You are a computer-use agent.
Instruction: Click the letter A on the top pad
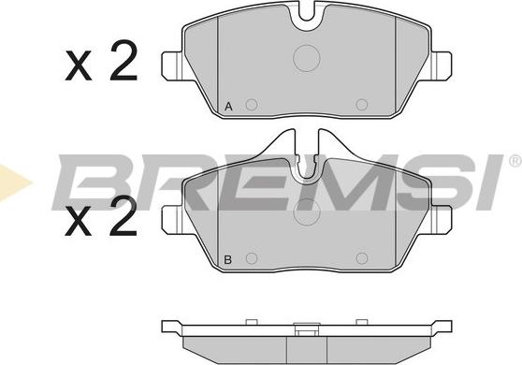(228, 107)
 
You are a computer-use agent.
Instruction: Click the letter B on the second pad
(228, 260)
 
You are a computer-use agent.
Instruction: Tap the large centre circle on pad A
(307, 58)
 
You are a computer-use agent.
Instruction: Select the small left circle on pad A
(252, 105)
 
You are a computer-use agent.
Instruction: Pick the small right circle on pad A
(362, 105)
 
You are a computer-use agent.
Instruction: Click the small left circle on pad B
(252, 258)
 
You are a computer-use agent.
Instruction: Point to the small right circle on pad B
(362, 258)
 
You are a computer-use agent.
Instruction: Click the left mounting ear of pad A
(172, 66)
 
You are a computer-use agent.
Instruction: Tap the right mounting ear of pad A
(442, 66)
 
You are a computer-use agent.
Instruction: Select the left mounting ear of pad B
(172, 219)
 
